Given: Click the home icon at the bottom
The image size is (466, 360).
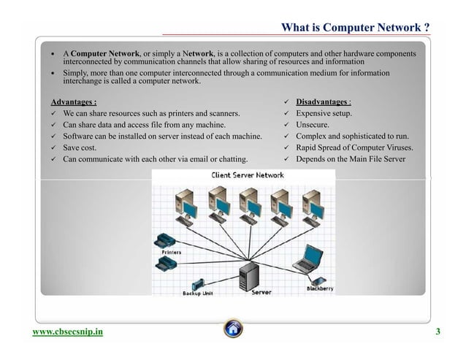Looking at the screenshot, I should pos(233,331).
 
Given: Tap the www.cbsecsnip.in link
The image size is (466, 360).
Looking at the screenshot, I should pos(67,333).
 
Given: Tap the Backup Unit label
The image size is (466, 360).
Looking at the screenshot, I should pos(196,294).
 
